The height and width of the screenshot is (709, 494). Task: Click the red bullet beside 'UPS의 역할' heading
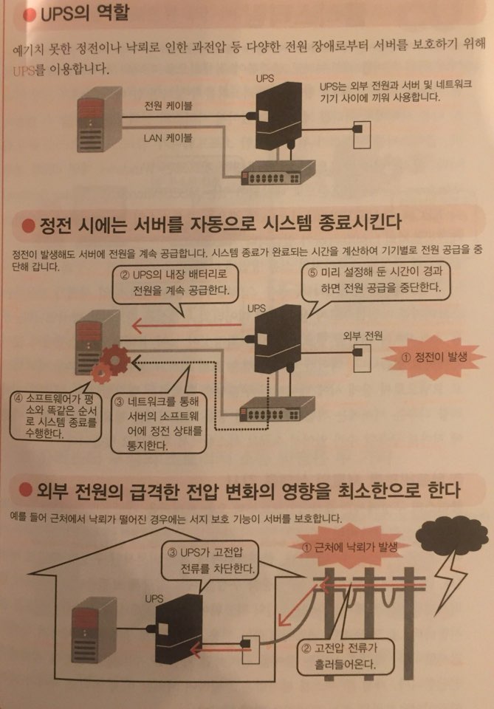[x=30, y=16]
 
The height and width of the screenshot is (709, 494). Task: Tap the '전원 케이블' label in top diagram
[x=168, y=106]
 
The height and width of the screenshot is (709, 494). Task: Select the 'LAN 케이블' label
[x=168, y=138]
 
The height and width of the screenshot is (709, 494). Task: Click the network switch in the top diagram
[x=277, y=172]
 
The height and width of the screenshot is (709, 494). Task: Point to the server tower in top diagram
[x=100, y=120]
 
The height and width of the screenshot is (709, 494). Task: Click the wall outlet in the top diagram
[x=362, y=134]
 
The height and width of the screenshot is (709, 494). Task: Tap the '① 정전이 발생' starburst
[x=434, y=357]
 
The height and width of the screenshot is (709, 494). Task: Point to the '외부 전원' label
[x=363, y=335]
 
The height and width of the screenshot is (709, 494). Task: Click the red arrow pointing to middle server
[x=186, y=325]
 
